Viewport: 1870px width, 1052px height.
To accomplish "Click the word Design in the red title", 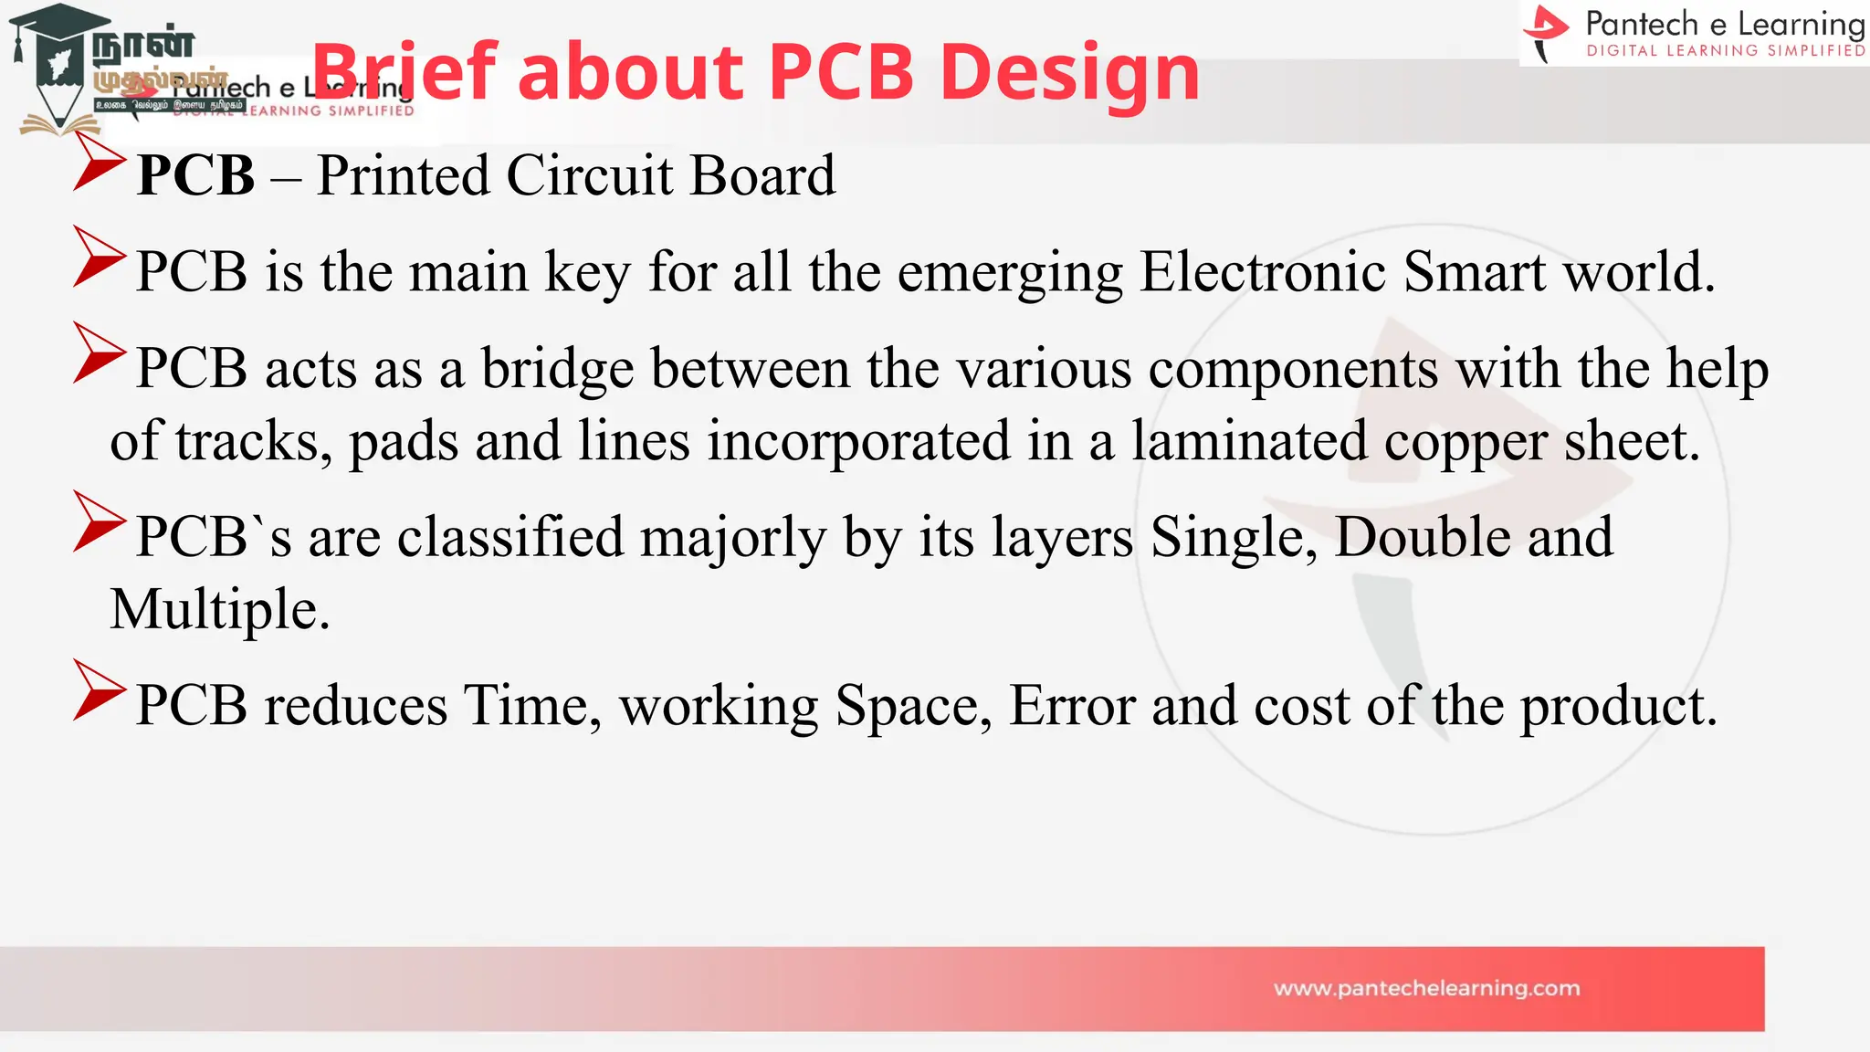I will click(x=1069, y=73).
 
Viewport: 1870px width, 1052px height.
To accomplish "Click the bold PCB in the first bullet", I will click(x=195, y=175).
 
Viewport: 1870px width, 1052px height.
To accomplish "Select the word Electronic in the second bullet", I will click(x=1263, y=272).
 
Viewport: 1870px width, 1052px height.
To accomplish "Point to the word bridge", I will click(x=557, y=369).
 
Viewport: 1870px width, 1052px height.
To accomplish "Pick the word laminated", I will click(x=1249, y=441).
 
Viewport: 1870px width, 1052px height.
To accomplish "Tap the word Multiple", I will click(x=219, y=610).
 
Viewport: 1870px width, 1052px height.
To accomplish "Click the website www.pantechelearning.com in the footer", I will click(x=1426, y=988).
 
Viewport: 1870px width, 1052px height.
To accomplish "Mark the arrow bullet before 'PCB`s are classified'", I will click(x=98, y=521).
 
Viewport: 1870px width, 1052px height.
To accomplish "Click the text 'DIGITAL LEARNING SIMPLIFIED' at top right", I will click(x=1725, y=51).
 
